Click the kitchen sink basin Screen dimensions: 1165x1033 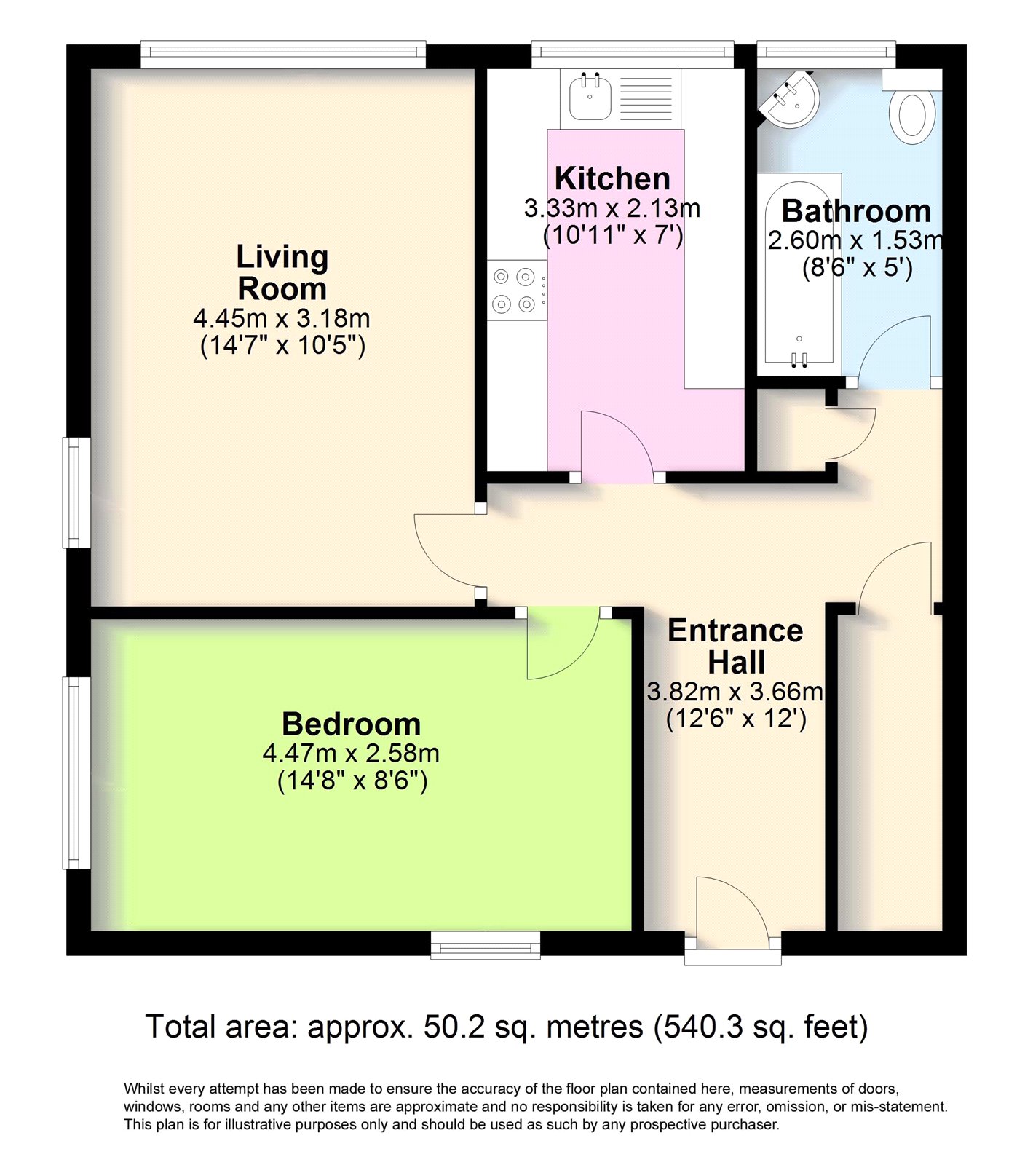pos(590,97)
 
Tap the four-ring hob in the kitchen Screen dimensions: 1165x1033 pos(516,290)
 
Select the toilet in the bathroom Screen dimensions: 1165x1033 pos(913,114)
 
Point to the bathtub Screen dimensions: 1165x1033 pos(799,273)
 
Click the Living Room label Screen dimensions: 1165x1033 pos(282,273)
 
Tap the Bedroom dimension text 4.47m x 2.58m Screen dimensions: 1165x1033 pos(351,753)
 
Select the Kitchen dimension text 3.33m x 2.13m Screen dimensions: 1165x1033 pos(612,209)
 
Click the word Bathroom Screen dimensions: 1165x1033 pos(856,212)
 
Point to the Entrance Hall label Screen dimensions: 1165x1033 pos(735,647)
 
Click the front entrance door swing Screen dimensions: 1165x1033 pos(728,910)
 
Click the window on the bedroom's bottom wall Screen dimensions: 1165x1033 pos(486,945)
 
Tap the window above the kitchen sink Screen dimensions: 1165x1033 pos(632,52)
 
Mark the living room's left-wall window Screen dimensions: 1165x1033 pos(76,492)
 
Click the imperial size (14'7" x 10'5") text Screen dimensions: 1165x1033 pos(282,346)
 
